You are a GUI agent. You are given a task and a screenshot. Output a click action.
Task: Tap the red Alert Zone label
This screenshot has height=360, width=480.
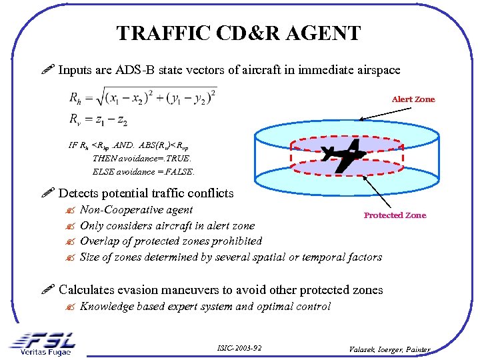click(413, 99)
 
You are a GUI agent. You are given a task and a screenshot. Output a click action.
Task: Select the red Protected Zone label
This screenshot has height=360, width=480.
click(395, 215)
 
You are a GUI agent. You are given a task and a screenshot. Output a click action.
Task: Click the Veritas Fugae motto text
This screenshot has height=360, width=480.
click(45, 352)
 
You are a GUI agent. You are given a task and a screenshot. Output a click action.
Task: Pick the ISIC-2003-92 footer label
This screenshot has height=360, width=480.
click(239, 349)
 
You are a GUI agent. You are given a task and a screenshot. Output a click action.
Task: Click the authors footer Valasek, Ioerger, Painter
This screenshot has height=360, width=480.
click(390, 349)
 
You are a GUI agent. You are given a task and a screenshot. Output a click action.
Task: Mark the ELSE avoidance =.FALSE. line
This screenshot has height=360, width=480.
click(143, 171)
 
